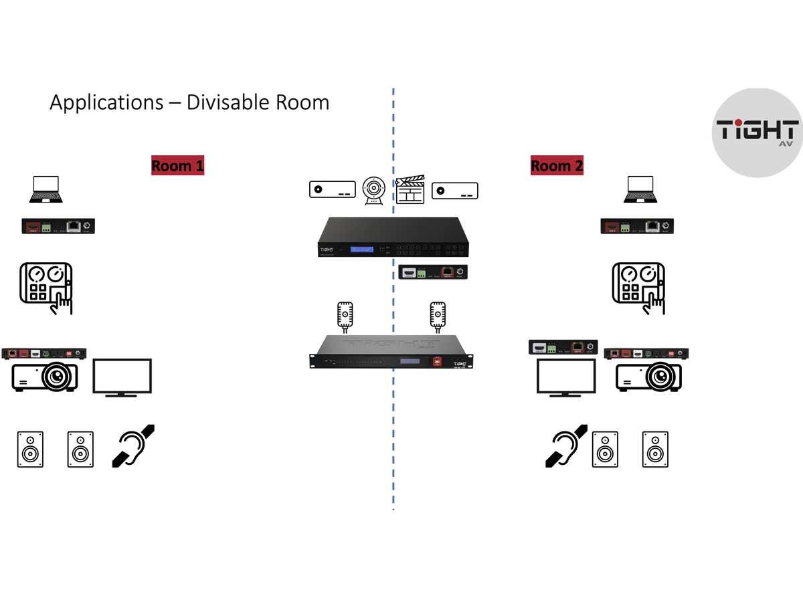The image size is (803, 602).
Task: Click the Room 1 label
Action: [x=177, y=165]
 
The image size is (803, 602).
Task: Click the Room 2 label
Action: [x=557, y=165]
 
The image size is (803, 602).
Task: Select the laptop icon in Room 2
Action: [x=640, y=190]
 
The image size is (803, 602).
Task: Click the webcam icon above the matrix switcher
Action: [x=373, y=190]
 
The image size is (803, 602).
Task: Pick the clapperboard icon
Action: [x=411, y=189]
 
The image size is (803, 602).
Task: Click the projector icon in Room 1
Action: [x=46, y=377]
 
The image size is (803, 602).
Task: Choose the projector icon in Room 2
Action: [x=648, y=377]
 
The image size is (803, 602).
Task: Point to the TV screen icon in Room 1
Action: [x=122, y=377]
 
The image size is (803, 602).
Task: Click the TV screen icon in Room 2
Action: [x=567, y=378]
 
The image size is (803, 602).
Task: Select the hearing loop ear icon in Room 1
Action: [x=133, y=445]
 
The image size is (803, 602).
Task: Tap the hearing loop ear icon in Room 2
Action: [x=566, y=445]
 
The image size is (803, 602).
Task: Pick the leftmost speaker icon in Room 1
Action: [x=30, y=449]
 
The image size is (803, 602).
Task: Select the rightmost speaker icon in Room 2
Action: [x=655, y=449]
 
